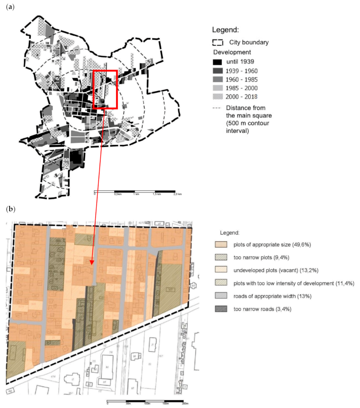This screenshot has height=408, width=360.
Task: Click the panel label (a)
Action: (10, 7)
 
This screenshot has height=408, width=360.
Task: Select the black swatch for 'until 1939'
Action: (217, 62)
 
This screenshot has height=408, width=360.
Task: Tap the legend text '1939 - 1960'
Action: (241, 71)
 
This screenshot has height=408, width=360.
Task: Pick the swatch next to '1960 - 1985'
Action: (217, 80)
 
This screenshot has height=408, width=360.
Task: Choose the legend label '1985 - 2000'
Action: (241, 88)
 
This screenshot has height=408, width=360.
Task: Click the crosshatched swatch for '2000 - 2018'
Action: (217, 97)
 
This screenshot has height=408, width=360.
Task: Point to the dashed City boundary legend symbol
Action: (218, 43)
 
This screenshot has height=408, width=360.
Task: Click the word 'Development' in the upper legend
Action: (232, 52)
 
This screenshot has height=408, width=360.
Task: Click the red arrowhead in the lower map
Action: (92, 262)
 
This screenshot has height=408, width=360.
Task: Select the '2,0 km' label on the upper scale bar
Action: (178, 194)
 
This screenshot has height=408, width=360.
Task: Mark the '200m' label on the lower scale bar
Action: (185, 404)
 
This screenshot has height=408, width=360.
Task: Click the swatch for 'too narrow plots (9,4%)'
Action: (221, 257)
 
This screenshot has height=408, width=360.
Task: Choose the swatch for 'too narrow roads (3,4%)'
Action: (221, 309)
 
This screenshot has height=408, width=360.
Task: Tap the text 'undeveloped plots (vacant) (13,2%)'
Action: (276, 271)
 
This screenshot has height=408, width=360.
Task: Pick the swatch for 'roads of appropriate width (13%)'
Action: (221, 296)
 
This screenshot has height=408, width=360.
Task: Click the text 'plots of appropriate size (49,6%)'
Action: (272, 245)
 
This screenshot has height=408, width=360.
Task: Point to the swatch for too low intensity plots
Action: (221, 283)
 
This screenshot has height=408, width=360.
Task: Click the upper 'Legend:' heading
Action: (225, 30)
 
